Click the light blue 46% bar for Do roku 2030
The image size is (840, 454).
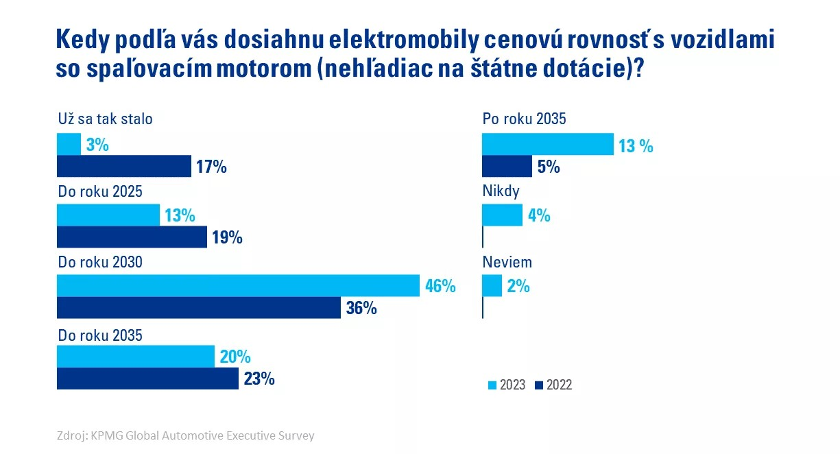point(237,286)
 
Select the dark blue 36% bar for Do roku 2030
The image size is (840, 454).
point(198,308)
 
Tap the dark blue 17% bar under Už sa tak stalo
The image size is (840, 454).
point(123,167)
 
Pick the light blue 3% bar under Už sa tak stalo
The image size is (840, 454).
point(69,145)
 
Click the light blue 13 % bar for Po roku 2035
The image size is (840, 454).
point(547,145)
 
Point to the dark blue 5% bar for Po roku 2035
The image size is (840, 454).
point(507,167)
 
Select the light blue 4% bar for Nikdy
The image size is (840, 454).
point(502,215)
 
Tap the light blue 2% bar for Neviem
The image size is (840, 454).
point(492,286)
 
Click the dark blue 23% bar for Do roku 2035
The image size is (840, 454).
point(147,379)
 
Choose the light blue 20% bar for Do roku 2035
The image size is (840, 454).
point(135,357)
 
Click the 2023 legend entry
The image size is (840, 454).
point(507,385)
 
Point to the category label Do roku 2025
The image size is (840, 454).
point(99,191)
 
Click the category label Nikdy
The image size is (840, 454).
point(501,191)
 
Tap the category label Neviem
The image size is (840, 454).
point(507,262)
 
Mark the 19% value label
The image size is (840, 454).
point(228,238)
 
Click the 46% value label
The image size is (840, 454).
point(440,286)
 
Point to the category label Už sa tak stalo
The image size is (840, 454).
point(104,119)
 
